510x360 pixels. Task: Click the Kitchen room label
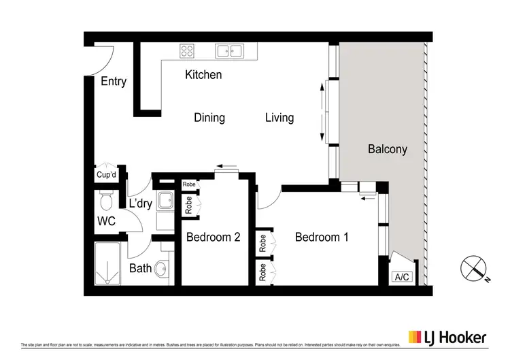tap(203, 75)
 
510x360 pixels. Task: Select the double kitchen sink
tap(229, 50)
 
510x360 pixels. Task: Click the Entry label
tap(114, 82)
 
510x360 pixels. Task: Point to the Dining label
tap(209, 118)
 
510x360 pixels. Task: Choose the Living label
tap(279, 118)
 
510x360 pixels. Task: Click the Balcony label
tap(388, 149)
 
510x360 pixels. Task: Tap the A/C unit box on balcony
tap(402, 277)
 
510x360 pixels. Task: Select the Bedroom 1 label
tap(322, 238)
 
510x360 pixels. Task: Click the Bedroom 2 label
tap(214, 238)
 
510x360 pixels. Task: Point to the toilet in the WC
tap(105, 201)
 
